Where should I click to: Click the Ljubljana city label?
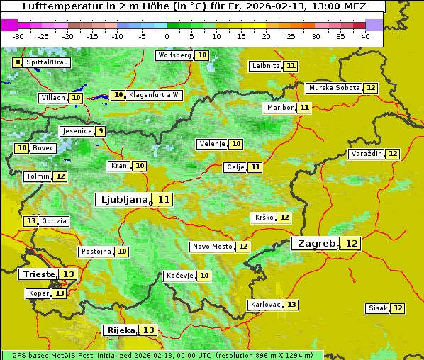123,199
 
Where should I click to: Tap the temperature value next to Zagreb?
352,243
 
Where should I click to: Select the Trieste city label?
39,274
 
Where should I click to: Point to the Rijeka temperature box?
148,330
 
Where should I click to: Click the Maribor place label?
279,108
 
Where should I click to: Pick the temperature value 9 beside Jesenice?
101,130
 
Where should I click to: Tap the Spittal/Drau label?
48,62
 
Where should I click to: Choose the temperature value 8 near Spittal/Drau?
18,62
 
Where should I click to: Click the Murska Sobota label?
334,88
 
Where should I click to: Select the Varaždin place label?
366,154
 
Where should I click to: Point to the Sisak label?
376,308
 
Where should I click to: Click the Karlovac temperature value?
291,305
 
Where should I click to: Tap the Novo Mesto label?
212,247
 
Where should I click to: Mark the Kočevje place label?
179,275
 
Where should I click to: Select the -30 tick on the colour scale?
18,36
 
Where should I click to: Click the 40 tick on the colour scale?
365,36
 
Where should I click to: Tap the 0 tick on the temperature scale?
167,36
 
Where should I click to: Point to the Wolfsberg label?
174,55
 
